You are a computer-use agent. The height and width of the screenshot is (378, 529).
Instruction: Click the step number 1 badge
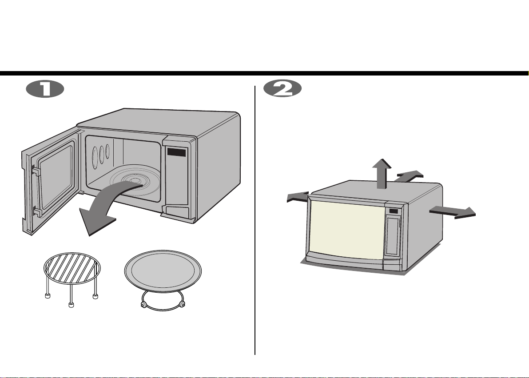tap(45, 89)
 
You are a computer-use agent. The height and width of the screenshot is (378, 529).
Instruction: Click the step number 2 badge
tap(282, 89)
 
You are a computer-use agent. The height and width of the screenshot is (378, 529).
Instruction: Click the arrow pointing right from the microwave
tap(453, 211)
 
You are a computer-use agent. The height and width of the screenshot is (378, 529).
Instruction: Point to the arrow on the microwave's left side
tap(298, 197)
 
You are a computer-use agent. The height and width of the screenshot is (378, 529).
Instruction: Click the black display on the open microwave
tap(176, 152)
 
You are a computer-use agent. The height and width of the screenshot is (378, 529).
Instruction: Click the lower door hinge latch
tap(37, 212)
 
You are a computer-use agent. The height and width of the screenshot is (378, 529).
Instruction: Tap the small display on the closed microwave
tap(393, 211)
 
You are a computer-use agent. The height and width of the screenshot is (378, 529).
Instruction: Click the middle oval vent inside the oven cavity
tap(101, 155)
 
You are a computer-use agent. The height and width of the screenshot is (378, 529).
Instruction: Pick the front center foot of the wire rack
tap(71, 305)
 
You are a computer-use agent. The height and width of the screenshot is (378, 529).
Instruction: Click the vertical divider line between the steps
tap(255, 220)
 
